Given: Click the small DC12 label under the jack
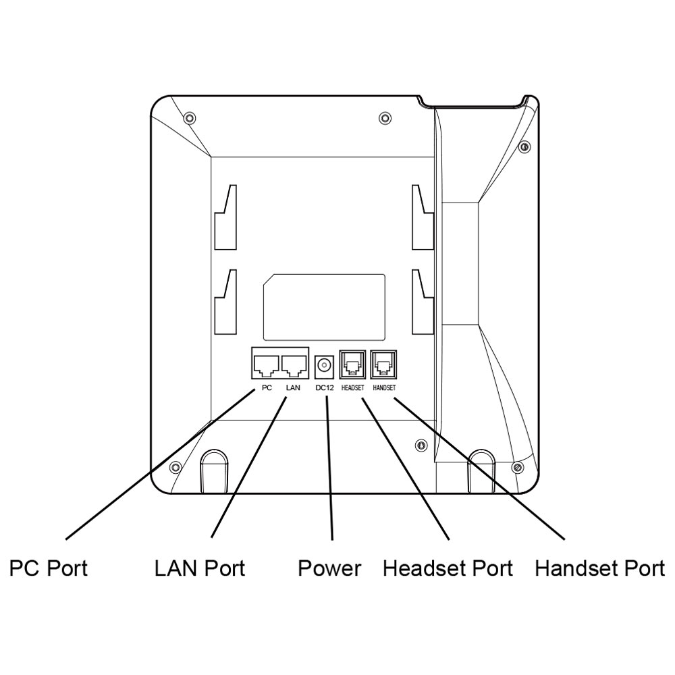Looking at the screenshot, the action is [325, 388].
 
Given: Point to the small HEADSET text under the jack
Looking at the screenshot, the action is [352, 388].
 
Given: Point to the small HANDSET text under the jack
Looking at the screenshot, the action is [384, 388].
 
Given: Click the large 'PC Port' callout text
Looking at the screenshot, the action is [49, 568].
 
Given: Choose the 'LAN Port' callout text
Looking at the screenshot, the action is [200, 568].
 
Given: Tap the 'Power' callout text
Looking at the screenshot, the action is [329, 568].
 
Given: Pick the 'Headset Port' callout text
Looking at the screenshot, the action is [448, 568].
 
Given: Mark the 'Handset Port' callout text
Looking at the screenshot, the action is [600, 568].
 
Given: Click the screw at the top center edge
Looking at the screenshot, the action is [385, 118].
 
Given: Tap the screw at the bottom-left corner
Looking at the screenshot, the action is [175, 466].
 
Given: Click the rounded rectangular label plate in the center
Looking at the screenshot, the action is [324, 307].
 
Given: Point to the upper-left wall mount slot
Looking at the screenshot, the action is [225, 217].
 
